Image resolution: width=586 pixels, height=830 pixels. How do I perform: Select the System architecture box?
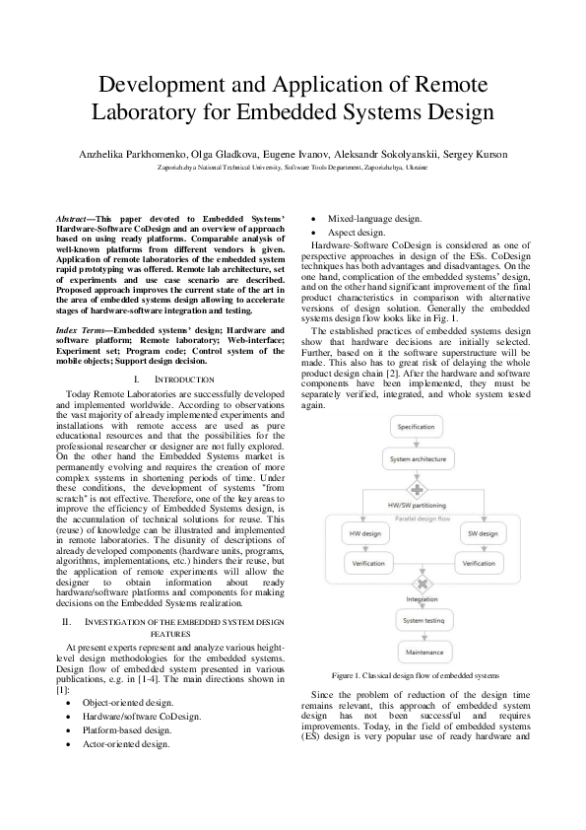coord(418,460)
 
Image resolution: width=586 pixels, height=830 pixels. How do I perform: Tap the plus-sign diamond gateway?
coord(418,489)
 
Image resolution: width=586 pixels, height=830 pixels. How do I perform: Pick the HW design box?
coord(364,533)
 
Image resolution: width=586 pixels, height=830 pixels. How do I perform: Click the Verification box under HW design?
coord(368,563)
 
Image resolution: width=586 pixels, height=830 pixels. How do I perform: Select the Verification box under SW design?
coord(479,563)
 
